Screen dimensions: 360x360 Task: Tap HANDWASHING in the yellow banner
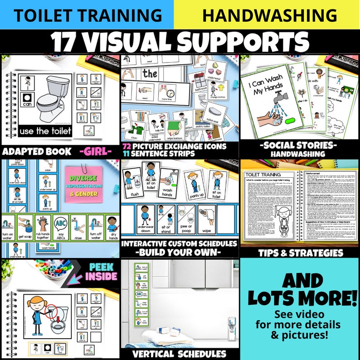tap(270, 15)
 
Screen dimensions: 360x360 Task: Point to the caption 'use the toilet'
tap(45, 131)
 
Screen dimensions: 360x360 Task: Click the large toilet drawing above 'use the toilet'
tap(52, 97)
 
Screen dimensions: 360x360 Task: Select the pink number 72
tap(127, 147)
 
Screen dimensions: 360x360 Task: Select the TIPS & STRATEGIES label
tap(300, 252)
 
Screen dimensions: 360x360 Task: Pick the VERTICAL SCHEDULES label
tap(179, 354)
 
